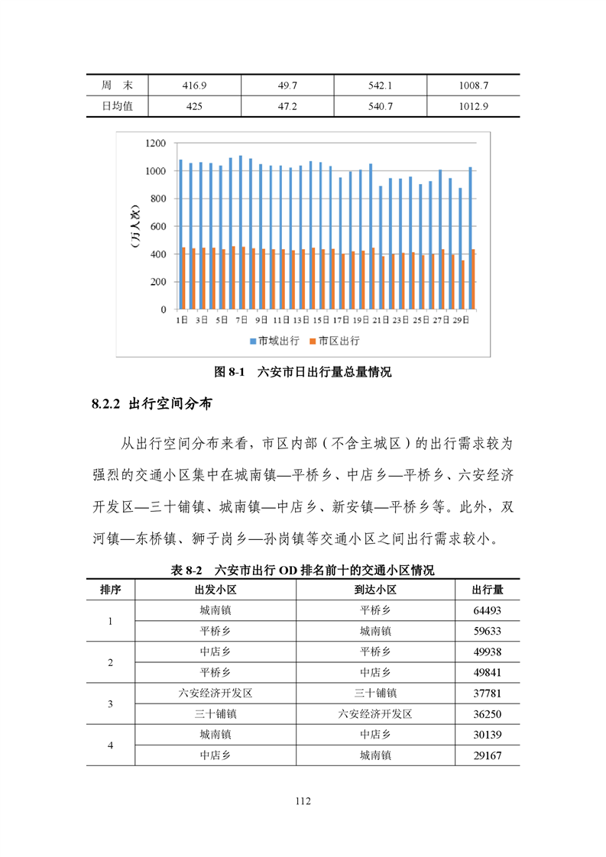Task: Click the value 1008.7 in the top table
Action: pyautogui.click(x=474, y=86)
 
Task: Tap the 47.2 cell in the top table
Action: pyautogui.click(x=287, y=106)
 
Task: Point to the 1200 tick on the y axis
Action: pyautogui.click(x=155, y=144)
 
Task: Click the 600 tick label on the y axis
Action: pyautogui.click(x=158, y=227)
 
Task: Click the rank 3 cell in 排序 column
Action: pyautogui.click(x=110, y=704)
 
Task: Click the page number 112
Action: pyautogui.click(x=303, y=801)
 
